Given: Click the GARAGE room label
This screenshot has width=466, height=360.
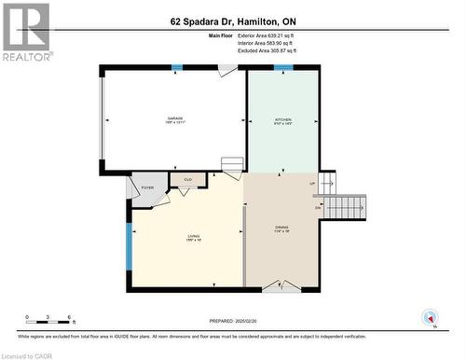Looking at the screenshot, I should click(x=174, y=118).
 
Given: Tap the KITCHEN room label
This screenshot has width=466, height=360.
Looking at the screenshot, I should click(x=282, y=119).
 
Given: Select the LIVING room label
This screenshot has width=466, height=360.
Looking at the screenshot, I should click(x=194, y=236).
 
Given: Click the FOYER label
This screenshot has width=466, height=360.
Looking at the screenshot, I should click(x=146, y=187).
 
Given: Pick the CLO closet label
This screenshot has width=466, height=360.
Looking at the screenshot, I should click(x=187, y=179).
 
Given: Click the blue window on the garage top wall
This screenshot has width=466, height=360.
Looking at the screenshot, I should click(x=177, y=67).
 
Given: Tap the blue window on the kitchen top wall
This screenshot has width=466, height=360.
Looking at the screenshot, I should click(x=282, y=67).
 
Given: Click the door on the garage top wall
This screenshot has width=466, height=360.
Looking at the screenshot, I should click(x=227, y=70).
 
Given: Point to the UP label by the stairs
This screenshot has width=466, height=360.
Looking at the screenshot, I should click(x=312, y=183).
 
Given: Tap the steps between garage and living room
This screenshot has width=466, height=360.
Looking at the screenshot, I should click(x=232, y=167).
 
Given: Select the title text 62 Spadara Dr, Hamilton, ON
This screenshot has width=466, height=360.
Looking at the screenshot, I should click(x=232, y=20).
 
